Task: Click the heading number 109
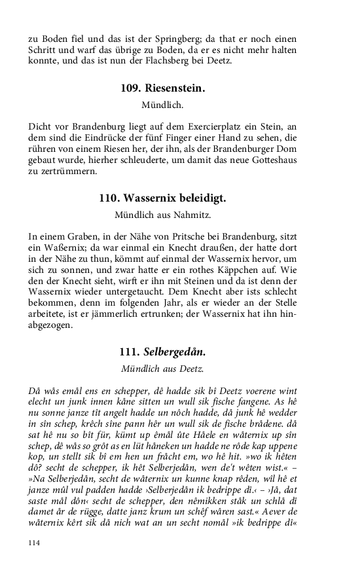pos(132,89)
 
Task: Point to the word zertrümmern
pos(67,171)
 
